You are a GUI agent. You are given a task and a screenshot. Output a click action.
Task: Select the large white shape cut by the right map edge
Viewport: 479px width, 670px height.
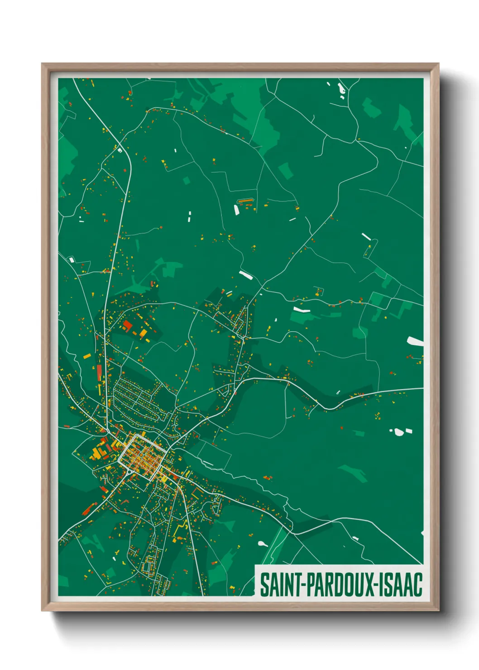tap(416, 341)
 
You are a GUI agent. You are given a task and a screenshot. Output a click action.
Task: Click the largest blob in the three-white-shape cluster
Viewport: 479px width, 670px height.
tap(399, 432)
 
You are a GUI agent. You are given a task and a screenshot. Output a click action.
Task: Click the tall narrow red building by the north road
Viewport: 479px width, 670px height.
tap(99, 373)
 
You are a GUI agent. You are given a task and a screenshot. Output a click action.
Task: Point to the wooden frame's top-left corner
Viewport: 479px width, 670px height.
tap(43, 64)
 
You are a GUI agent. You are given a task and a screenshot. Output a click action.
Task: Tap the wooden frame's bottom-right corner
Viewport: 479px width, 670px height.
tap(438, 610)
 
